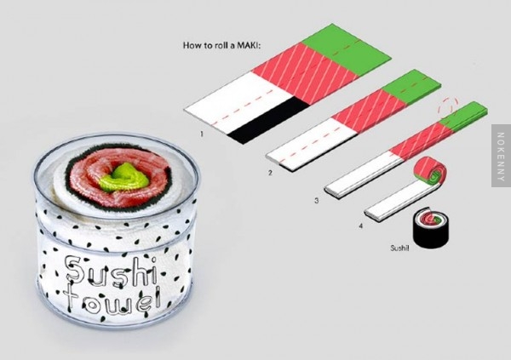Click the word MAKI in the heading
249,45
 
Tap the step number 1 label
202,134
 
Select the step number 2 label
270,173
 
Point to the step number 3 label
316,200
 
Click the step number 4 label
361,226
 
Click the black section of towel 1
269,121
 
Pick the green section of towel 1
346,49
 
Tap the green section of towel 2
411,86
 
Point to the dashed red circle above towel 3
449,106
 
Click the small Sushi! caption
399,249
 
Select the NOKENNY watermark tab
501,156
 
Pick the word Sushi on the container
111,272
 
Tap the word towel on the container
112,300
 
